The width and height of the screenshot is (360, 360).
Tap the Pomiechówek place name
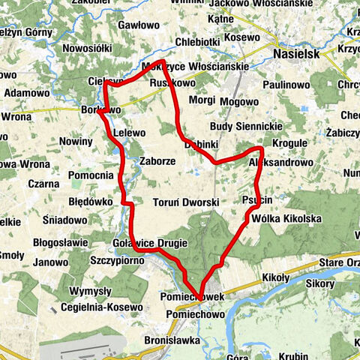tap(192, 297)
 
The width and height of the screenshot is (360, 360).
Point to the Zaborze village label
tap(157, 160)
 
